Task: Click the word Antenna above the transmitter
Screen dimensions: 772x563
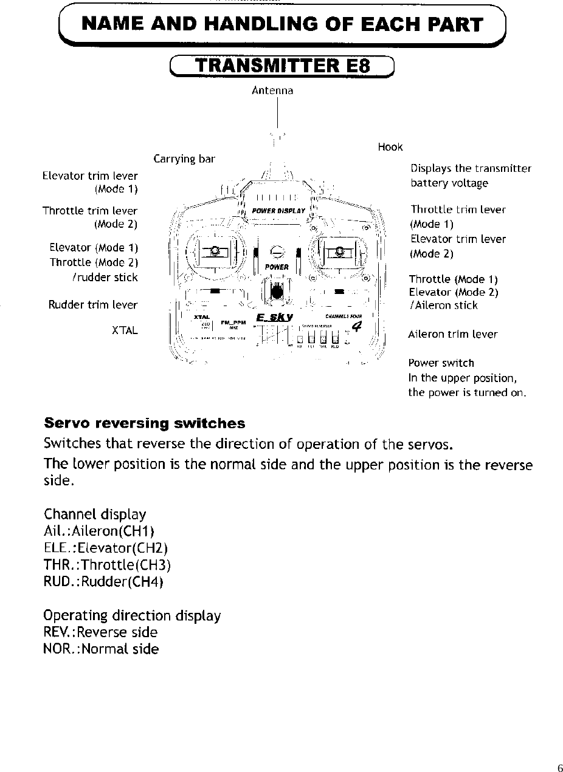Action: pyautogui.click(x=272, y=91)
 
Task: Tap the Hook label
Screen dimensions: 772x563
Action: pyautogui.click(x=390, y=147)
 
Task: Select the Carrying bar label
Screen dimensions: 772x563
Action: pyautogui.click(x=184, y=159)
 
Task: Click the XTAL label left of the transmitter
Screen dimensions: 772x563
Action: pyautogui.click(x=125, y=330)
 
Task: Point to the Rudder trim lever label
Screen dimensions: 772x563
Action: pyautogui.click(x=93, y=304)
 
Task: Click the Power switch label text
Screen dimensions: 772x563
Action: pyautogui.click(x=441, y=363)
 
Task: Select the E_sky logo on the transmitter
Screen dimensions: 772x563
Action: pyautogui.click(x=275, y=317)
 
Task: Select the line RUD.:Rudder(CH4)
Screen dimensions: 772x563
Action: pyautogui.click(x=104, y=581)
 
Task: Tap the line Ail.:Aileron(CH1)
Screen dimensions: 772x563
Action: pyautogui.click(x=100, y=531)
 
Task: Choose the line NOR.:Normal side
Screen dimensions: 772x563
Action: pyautogui.click(x=101, y=649)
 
